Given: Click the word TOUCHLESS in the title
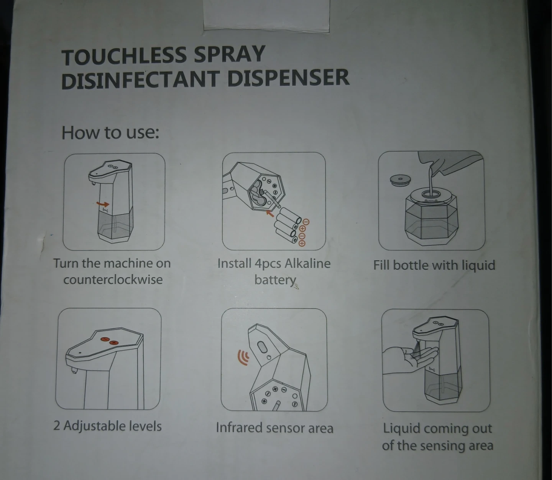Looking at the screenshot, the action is click(125, 56).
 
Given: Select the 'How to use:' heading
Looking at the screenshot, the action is click(110, 132).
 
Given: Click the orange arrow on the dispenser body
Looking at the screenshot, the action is click(103, 204).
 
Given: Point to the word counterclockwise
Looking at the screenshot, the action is click(113, 279).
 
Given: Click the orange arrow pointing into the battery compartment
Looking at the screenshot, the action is click(270, 213).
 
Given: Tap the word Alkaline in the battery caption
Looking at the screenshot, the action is click(307, 263).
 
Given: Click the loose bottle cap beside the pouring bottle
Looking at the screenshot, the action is click(400, 180).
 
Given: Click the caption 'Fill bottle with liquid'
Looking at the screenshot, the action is click(434, 265).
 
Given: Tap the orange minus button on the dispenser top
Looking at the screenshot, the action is click(104, 340).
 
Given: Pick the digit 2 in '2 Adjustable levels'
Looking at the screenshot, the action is click(57, 426).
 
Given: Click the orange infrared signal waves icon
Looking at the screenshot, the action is click(243, 358).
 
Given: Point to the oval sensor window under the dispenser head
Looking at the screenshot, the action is click(262, 347).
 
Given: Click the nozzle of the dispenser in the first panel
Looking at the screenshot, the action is click(93, 184).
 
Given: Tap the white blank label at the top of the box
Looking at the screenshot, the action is click(266, 15).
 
